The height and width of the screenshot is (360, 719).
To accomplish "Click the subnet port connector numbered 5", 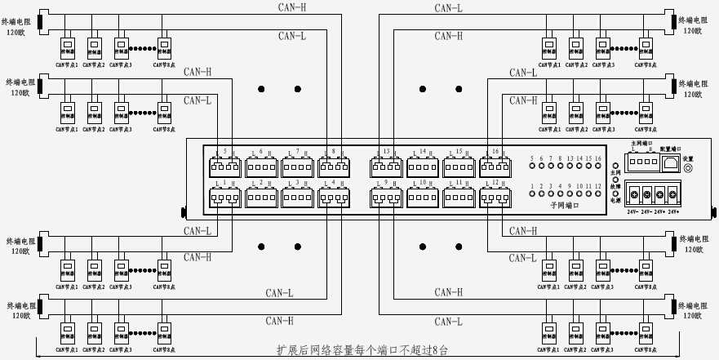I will pos(224,167).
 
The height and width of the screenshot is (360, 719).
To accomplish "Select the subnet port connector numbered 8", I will pos(333,167).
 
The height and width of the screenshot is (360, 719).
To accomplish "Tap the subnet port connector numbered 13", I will pos(386,167).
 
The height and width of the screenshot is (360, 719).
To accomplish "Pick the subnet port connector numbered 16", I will pos(495,167).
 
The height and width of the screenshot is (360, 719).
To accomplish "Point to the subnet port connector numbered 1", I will pos(224,197).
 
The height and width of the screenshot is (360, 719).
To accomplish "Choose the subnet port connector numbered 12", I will pos(495,197).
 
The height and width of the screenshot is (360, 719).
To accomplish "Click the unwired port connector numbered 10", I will pos(423,197).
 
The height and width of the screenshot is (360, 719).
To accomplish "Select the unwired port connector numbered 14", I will pos(423,167).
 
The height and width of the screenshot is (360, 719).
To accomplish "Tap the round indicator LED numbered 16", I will pos(598,167).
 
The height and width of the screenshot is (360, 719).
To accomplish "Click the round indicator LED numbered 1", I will pos(532,196).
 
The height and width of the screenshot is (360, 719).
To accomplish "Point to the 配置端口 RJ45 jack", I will pos(668,162).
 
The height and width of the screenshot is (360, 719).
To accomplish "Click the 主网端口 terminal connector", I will pos(641,162).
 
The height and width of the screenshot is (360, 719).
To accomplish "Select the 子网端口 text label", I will pos(566,207).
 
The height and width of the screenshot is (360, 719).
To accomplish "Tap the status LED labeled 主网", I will pos(615,166).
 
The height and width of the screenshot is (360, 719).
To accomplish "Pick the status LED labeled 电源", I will pos(615,193).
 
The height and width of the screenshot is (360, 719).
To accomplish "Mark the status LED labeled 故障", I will pos(615,180).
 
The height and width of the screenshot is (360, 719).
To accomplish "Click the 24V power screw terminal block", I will pos(653,196).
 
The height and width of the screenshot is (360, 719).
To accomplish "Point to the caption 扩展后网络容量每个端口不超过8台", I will pos(362,350).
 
